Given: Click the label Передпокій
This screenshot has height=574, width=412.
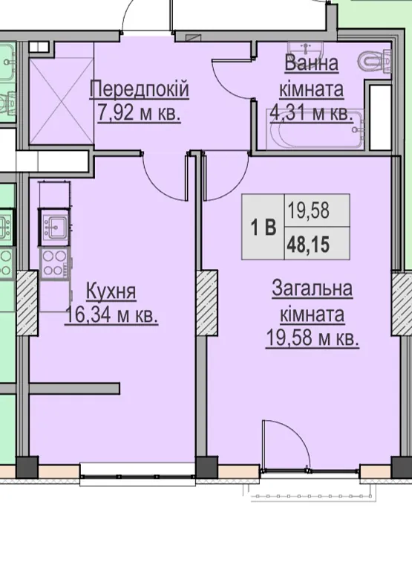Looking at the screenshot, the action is (x=140, y=90).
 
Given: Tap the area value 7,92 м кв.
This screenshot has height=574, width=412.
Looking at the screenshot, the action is (x=139, y=113).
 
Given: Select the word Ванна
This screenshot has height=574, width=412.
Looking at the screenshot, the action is (x=312, y=63).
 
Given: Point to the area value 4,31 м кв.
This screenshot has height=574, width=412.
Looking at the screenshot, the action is (x=311, y=113).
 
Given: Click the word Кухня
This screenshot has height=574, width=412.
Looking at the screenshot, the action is (x=111, y=291).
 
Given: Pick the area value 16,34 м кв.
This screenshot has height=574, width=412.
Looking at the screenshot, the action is (x=111, y=315).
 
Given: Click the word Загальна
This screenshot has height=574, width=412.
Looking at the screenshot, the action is (x=313, y=288).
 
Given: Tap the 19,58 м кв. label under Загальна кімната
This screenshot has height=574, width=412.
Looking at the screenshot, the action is (x=313, y=338).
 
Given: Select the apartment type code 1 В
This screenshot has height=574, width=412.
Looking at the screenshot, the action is (x=264, y=228).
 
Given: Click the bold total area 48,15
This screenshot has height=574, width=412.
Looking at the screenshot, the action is (x=308, y=244).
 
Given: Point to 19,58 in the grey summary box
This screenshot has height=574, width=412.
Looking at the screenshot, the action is (x=308, y=210).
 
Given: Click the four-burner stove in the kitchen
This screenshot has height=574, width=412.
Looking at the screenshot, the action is (x=54, y=262).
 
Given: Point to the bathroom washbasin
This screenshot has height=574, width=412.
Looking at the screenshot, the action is (x=305, y=48).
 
